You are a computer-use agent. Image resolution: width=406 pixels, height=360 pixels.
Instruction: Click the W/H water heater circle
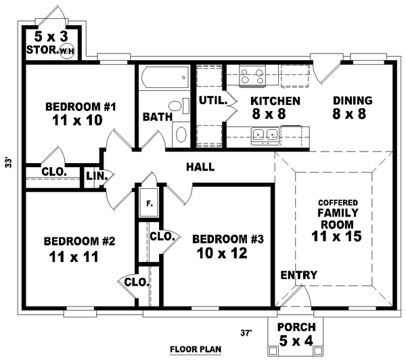click(66, 51)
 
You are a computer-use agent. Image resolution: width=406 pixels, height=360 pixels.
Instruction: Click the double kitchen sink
click(263, 137)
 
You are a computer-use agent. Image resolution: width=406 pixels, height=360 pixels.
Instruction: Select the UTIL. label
click(211, 101)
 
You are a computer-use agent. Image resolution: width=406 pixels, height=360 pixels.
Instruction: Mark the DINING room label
click(353, 101)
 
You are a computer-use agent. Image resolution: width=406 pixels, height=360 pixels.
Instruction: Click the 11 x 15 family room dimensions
click(336, 237)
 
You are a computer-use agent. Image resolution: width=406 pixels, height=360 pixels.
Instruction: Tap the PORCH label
click(296, 327)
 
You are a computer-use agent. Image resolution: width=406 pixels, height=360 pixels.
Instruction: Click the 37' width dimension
click(246, 332)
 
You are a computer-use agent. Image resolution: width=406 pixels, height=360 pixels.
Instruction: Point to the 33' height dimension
click(8, 162)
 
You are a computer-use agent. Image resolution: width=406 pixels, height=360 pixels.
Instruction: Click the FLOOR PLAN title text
click(196, 350)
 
